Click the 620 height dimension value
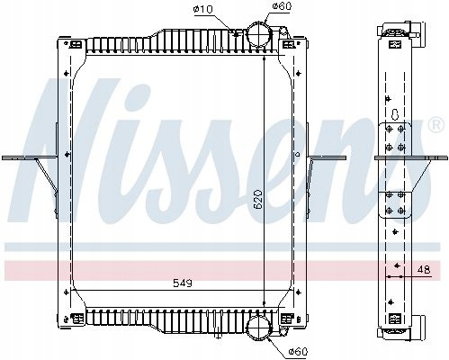[258, 200]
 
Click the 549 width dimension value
[183, 283]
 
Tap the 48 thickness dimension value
[424, 270]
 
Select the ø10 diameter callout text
[203, 9]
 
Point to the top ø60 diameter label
[282, 6]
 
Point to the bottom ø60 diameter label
[298, 351]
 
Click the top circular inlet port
[258, 35]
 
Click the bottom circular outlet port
[258, 328]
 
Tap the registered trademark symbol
[437, 125]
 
